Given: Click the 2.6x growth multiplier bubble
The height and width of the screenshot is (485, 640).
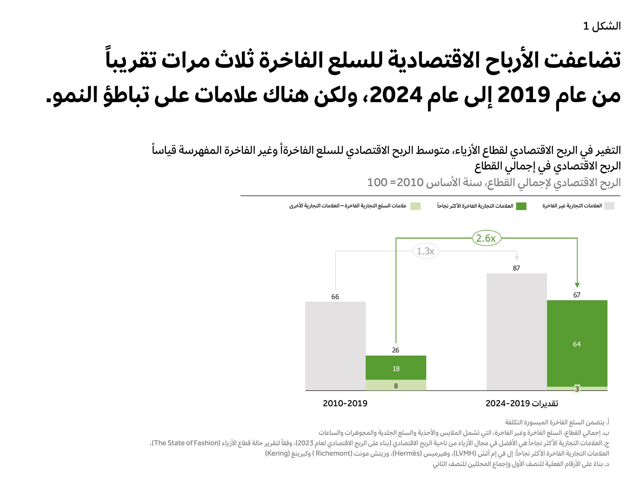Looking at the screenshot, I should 486,238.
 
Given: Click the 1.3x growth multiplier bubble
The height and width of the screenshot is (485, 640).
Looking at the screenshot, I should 426,251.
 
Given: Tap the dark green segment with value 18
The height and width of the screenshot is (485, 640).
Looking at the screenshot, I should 396,368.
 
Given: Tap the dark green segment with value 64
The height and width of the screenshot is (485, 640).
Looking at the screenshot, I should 577,343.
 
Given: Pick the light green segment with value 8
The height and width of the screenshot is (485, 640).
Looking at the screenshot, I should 396,385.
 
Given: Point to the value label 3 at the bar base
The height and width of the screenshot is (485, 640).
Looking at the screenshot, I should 577,389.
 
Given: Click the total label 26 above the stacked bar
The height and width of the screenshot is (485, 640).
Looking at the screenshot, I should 396,350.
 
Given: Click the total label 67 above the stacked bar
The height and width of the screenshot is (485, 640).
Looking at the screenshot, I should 577,295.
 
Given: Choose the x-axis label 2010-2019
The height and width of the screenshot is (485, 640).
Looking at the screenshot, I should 345,403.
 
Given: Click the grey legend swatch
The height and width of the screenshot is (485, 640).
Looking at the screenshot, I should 609,206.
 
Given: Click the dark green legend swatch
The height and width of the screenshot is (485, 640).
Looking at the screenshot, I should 521,206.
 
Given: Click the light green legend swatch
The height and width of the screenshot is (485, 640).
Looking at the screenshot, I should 415,206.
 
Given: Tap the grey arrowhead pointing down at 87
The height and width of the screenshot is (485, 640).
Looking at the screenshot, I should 517,258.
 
